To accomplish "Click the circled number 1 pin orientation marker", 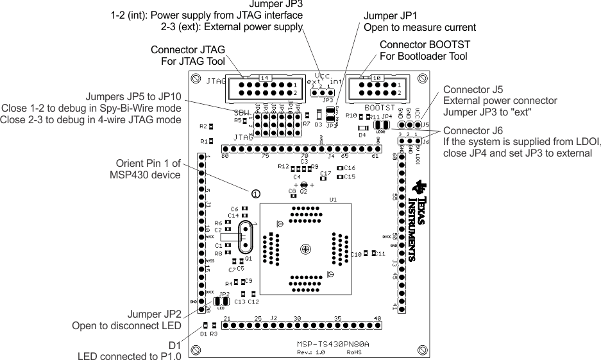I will click(255, 193).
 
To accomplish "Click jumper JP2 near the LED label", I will click(221, 300).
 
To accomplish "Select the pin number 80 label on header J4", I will click(225, 156).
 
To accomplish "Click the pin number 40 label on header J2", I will click(378, 318).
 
